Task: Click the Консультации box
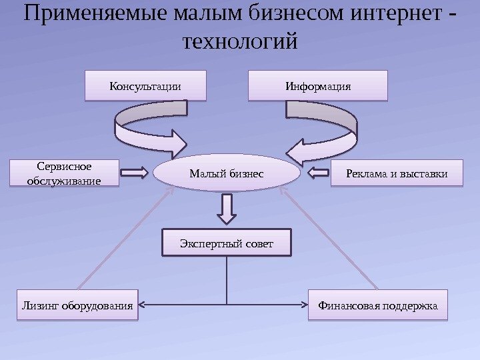[145, 85]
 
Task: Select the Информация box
[317, 85]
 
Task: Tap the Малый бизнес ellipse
[226, 174]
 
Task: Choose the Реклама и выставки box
[396, 174]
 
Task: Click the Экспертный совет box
[227, 243]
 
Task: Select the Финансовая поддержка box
[377, 306]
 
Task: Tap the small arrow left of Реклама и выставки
[320, 174]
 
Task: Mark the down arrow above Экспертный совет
[227, 208]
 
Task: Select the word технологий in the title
[239, 42]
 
